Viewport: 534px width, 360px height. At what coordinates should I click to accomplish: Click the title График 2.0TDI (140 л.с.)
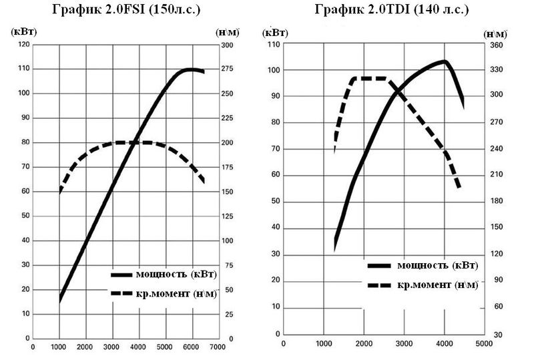pyautogui.click(x=390, y=9)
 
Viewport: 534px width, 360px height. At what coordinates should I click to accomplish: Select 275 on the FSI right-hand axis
pyautogui.click(x=228, y=69)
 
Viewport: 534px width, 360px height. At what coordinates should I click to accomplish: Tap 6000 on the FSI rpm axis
pyautogui.click(x=191, y=347)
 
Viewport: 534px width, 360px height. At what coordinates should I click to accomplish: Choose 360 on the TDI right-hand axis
pyautogui.click(x=496, y=43)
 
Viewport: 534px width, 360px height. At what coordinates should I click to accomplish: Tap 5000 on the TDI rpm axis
pyautogui.click(x=483, y=344)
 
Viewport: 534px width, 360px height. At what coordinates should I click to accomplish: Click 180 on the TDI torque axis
pyautogui.click(x=496, y=201)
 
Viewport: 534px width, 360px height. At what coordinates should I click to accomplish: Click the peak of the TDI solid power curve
pyautogui.click(x=443, y=61)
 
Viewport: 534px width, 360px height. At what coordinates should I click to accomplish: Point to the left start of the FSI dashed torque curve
pyautogui.click(x=61, y=191)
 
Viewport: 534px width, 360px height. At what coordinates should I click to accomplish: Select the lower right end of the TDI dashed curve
pyautogui.click(x=459, y=187)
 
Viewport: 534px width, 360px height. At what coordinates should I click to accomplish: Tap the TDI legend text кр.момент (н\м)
pyautogui.click(x=437, y=285)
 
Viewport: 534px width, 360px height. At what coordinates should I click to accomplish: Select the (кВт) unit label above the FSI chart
pyautogui.click(x=23, y=31)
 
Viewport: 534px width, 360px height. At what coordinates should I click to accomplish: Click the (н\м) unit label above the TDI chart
pyautogui.click(x=495, y=33)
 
